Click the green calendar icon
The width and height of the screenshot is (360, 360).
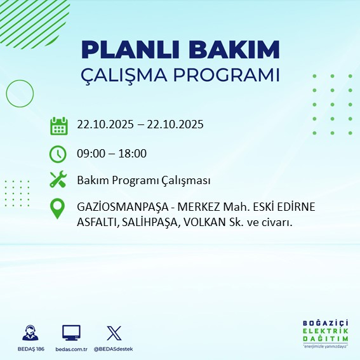(x=58, y=125)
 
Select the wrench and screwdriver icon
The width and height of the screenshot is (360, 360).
(x=58, y=180)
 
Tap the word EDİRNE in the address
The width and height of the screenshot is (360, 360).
(x=297, y=208)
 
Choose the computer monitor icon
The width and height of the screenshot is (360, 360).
(x=70, y=333)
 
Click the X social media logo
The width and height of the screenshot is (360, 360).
(x=114, y=333)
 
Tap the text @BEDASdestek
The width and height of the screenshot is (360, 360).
(x=114, y=349)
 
